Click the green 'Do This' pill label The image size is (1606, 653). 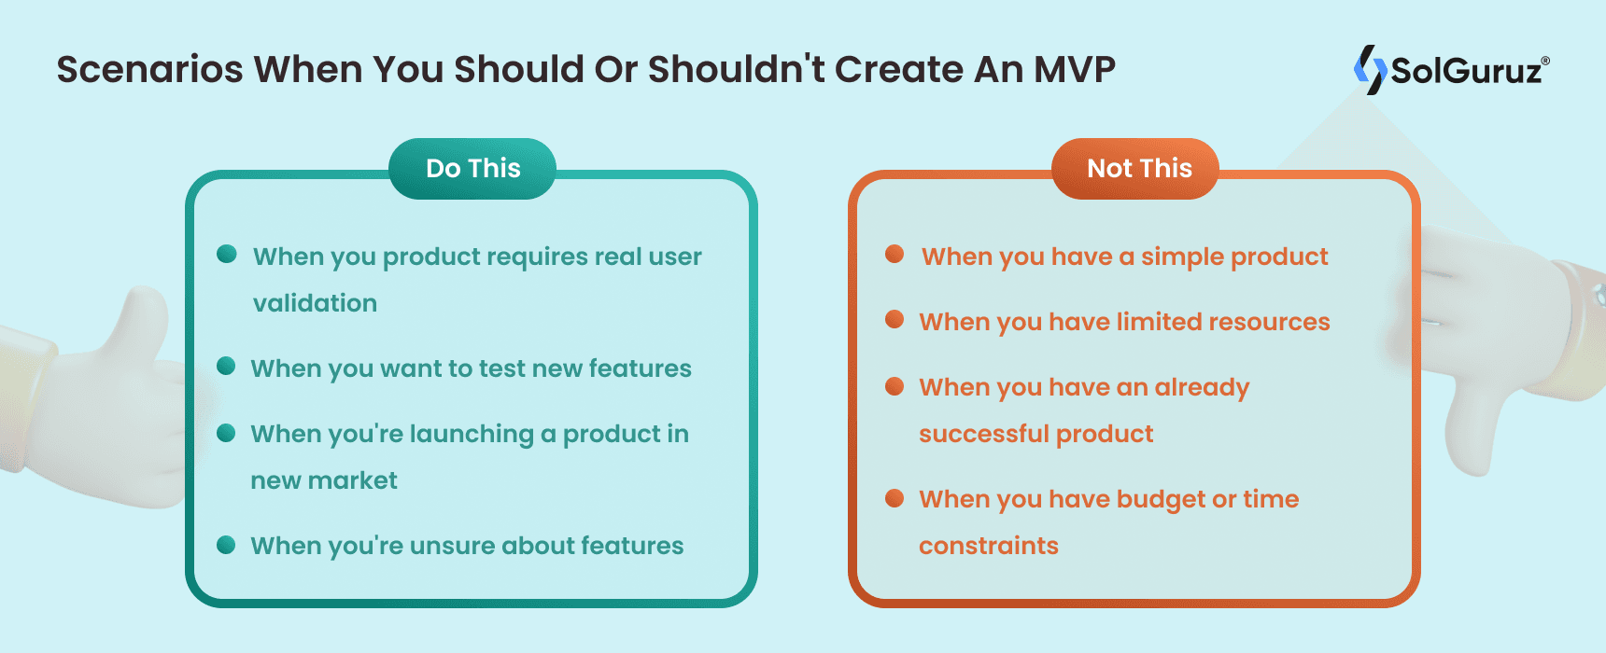(x=472, y=169)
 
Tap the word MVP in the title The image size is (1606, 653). (x=1074, y=70)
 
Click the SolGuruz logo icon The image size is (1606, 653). (x=1370, y=70)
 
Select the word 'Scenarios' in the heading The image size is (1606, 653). (x=149, y=70)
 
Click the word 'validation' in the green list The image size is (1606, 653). (x=315, y=303)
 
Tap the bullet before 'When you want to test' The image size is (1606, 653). (x=226, y=367)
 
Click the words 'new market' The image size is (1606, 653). (x=324, y=480)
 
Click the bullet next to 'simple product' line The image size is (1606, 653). (x=895, y=255)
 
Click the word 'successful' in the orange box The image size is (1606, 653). (x=983, y=434)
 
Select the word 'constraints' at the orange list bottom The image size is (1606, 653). (x=988, y=546)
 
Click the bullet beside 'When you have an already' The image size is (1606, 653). (x=895, y=385)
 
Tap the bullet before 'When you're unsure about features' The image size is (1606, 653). (x=226, y=544)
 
